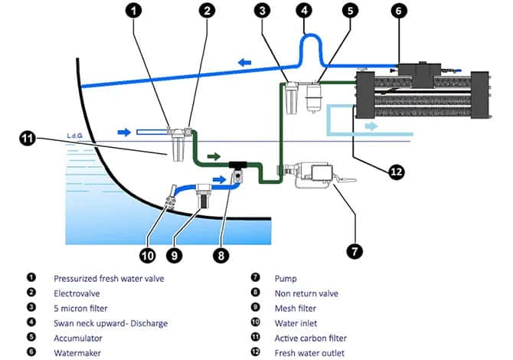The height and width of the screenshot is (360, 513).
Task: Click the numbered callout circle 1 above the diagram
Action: [133, 10]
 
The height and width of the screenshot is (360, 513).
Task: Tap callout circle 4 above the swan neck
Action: [304, 10]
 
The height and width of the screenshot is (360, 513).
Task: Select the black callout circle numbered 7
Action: [355, 251]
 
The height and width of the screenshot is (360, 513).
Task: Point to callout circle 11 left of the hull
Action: [28, 139]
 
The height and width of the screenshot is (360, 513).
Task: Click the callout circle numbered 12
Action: [396, 172]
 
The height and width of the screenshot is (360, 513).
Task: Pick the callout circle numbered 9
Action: [174, 255]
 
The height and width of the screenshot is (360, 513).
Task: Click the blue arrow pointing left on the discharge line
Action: [245, 62]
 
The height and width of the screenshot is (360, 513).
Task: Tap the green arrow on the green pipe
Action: [214, 156]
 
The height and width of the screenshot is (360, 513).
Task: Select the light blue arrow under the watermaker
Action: [371, 126]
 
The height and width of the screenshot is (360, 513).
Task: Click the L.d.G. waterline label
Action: [74, 136]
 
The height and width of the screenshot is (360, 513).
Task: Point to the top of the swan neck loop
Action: [309, 34]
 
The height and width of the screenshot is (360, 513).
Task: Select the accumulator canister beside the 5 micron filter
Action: [313, 97]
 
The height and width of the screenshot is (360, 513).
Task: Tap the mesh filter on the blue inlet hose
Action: [202, 195]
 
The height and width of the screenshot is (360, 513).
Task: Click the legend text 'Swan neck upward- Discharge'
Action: [110, 323]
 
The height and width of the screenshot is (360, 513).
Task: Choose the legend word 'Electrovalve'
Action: [77, 293]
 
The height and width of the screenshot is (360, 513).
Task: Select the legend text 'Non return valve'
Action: [306, 293]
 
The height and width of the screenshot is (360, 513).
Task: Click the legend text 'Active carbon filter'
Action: [311, 338]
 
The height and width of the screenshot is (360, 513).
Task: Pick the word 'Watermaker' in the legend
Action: [77, 353]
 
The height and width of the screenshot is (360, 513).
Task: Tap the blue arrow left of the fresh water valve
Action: [124, 133]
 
